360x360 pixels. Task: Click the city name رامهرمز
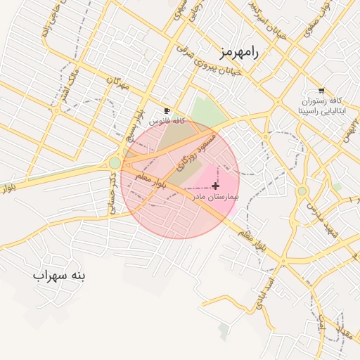click(238, 52)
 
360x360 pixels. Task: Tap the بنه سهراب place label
click(59, 275)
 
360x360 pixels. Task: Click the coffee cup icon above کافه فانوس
click(167, 110)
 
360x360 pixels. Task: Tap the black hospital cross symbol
click(214, 186)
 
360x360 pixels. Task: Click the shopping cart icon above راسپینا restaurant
click(321, 91)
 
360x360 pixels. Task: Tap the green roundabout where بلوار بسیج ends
click(115, 164)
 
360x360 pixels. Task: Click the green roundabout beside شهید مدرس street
click(302, 191)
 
